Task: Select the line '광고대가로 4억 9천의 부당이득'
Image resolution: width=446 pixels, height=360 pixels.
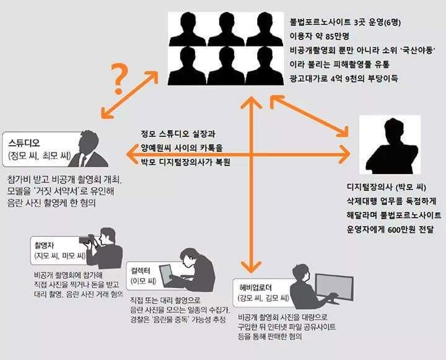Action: [x=344, y=78]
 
